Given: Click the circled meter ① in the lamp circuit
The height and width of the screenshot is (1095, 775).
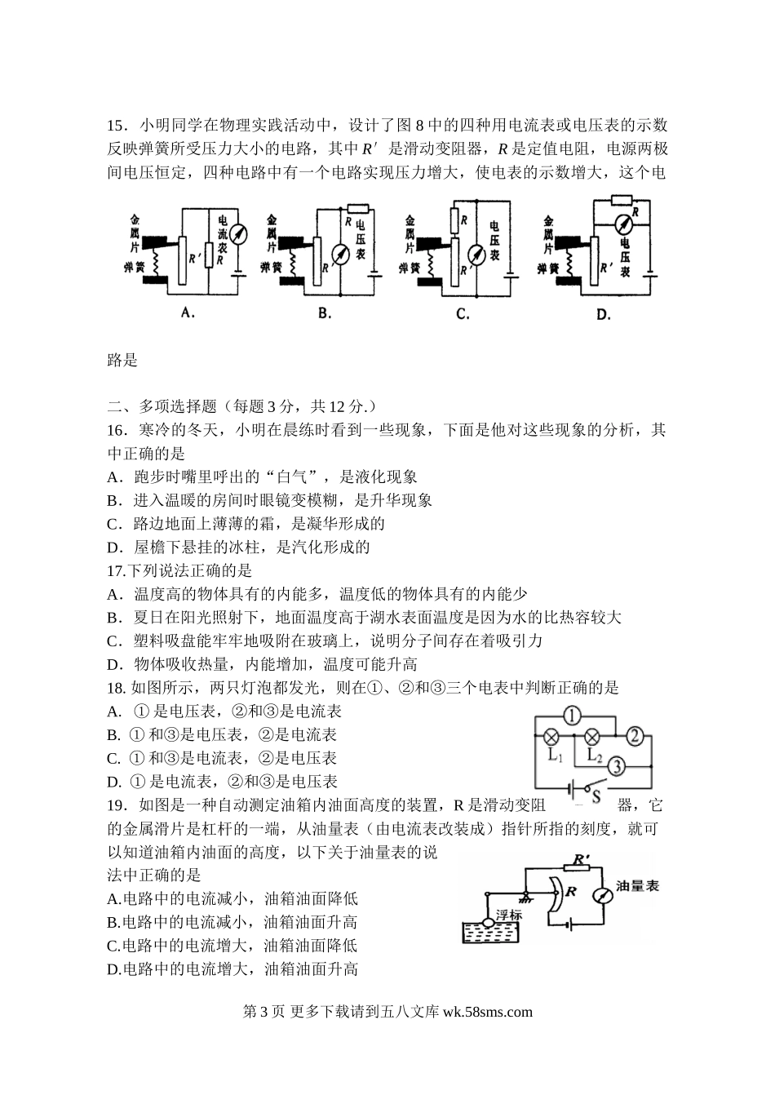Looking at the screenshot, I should click(x=572, y=716).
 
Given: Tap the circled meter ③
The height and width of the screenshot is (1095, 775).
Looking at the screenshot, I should click(x=617, y=766).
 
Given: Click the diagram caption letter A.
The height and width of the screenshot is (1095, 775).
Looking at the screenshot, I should click(x=188, y=312).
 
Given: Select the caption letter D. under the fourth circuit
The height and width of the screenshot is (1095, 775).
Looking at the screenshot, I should click(x=603, y=314).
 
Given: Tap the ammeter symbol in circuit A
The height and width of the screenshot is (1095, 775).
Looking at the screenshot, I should click(x=236, y=235).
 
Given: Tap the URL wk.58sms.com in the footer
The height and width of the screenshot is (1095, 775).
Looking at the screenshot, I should click(x=487, y=1012).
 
